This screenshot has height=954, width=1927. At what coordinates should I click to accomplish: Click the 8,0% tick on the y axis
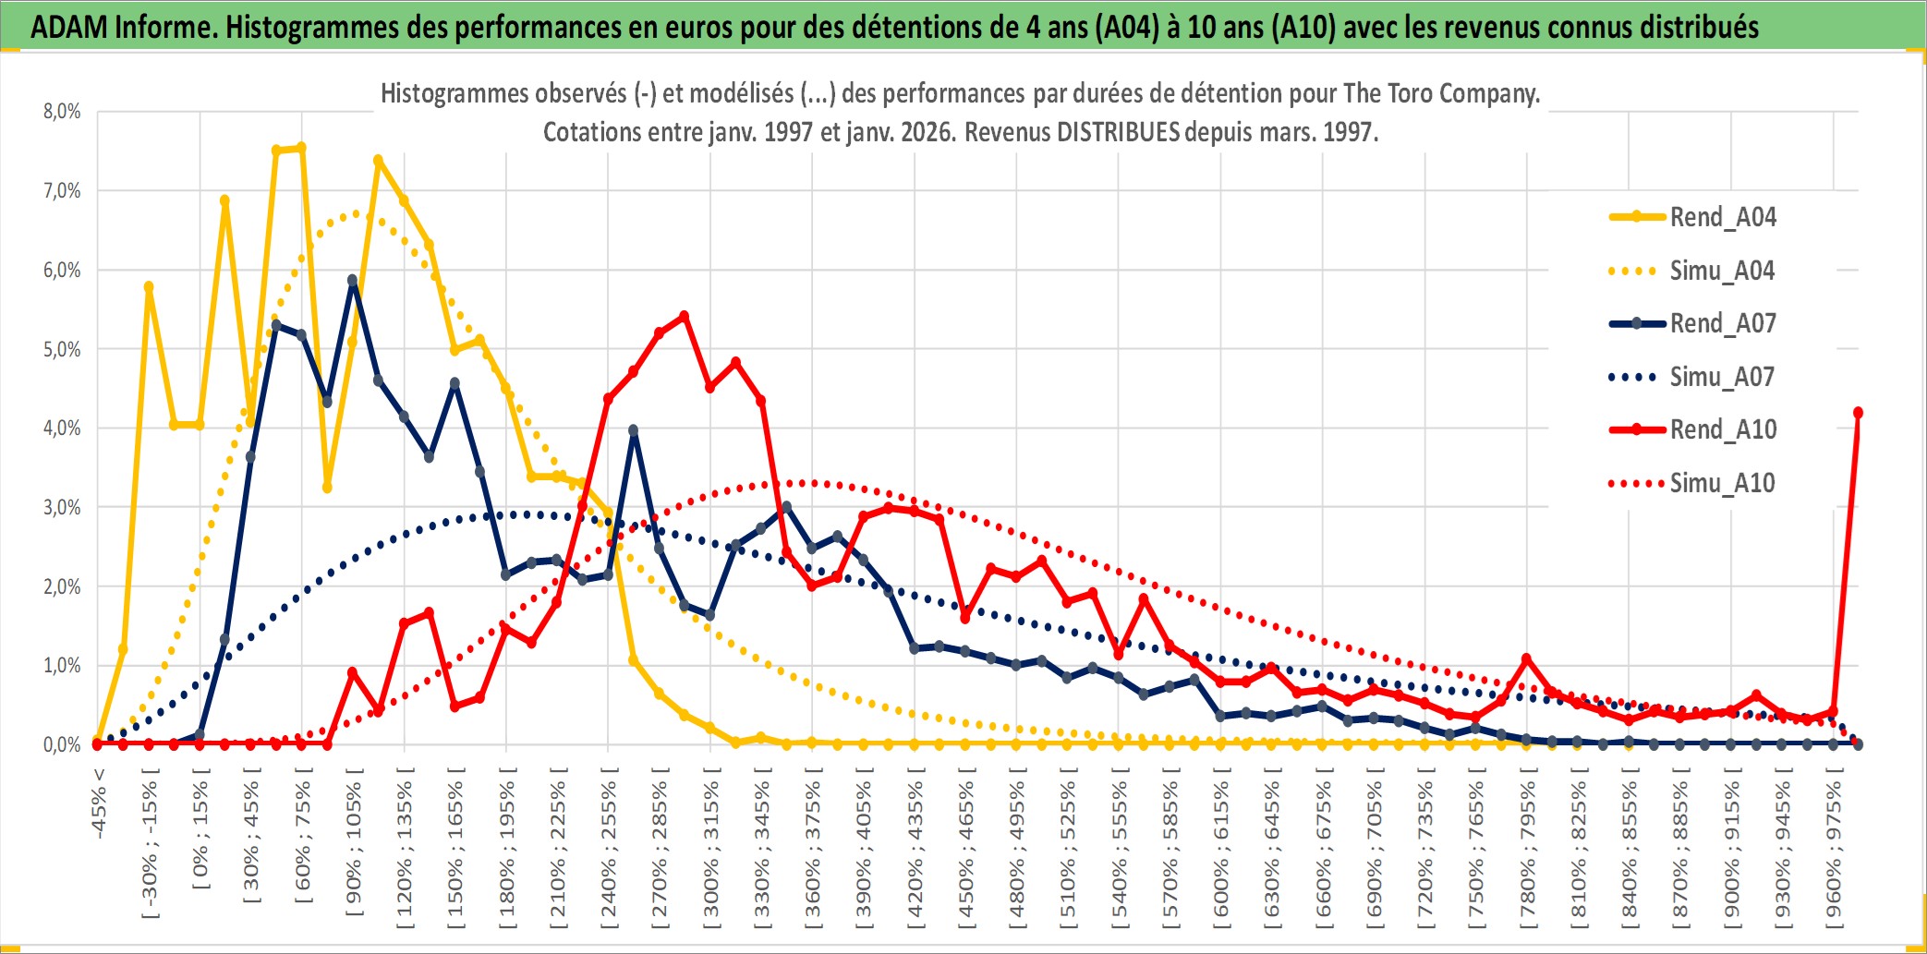(x=62, y=112)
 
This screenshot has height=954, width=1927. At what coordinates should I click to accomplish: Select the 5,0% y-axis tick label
(x=62, y=349)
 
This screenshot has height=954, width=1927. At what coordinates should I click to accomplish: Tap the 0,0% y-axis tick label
(x=62, y=744)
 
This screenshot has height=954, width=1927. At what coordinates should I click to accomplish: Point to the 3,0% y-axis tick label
(x=62, y=507)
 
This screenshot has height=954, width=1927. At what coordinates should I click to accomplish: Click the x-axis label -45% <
(x=99, y=803)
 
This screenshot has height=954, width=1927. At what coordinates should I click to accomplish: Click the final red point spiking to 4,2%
(x=1858, y=413)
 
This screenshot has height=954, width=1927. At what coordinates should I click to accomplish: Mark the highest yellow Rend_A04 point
(x=301, y=148)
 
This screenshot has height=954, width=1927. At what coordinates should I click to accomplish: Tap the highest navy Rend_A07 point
(x=353, y=280)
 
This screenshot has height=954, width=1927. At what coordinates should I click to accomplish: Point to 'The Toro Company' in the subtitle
(x=1441, y=93)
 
